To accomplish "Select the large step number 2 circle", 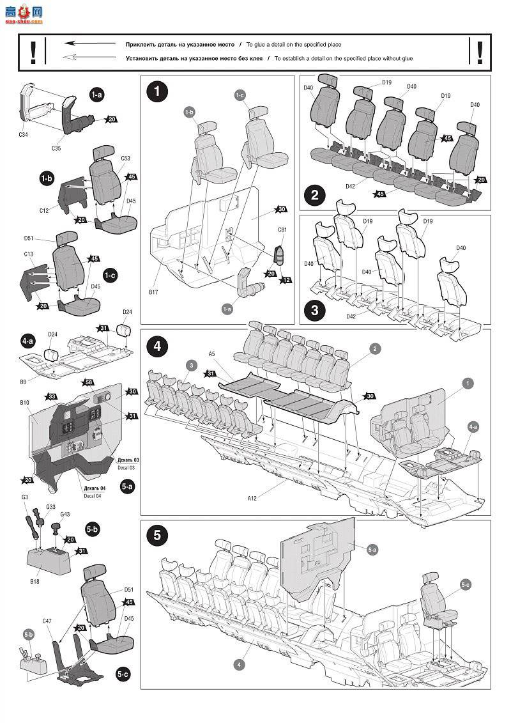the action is tap(315, 195).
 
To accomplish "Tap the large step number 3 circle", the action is tap(315, 309).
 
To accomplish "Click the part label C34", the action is tap(24, 135).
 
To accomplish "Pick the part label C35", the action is tap(56, 148).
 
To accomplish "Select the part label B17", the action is tap(153, 292).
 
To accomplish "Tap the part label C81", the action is tap(282, 229).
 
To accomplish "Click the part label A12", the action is tap(252, 498).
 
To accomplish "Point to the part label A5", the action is tap(212, 354).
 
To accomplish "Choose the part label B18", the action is tap(34, 582).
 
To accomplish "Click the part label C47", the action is tap(47, 621).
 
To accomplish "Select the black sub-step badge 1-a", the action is tap(96, 95).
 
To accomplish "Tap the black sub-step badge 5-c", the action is tap(122, 674).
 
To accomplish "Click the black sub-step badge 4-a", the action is tap(27, 341).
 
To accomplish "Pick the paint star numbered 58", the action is tap(89, 382).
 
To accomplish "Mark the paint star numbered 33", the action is tap(52, 396).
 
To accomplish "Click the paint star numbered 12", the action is tap(286, 280).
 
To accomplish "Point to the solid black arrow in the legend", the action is tap(90, 43).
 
